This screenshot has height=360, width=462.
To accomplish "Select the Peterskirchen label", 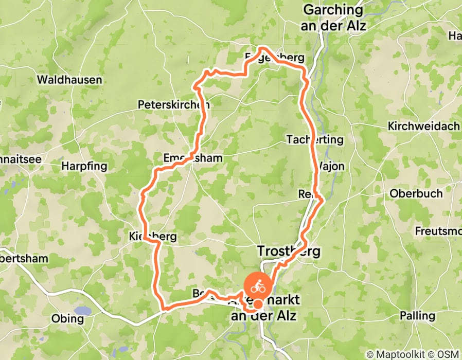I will pyautogui.click(x=173, y=105).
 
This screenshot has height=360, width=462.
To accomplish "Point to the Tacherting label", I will pyautogui.click(x=315, y=139).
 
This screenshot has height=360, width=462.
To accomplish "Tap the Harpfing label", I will pyautogui.click(x=84, y=166).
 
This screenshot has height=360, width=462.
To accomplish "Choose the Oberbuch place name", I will pyautogui.click(x=416, y=194).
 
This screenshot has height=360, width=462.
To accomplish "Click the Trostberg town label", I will pyautogui.click(x=288, y=251).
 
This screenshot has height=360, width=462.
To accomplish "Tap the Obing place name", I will pyautogui.click(x=67, y=319).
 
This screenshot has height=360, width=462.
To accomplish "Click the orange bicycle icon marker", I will pyautogui.click(x=258, y=286).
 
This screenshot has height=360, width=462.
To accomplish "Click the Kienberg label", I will pyautogui.click(x=153, y=237).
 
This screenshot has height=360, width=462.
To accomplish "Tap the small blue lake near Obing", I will pyautogui.click(x=82, y=311).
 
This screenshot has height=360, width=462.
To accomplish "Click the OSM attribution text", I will pyautogui.click(x=449, y=355).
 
